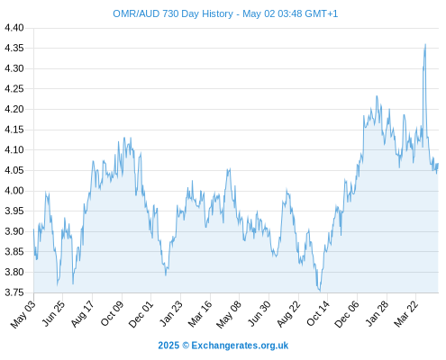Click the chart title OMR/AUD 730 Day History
point(173,13)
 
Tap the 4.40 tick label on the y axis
point(14,28)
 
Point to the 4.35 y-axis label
point(14,48)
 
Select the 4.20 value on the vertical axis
point(14,109)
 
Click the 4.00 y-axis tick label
point(14,191)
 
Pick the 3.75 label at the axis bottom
point(14,292)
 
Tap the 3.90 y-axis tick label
point(14,231)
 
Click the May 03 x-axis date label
point(23,314)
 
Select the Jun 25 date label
point(53,313)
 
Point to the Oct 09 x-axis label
point(112,313)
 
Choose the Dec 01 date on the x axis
point(141,314)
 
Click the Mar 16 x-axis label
point(200,314)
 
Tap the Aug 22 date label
point(288,314)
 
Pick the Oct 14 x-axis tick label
point(318,313)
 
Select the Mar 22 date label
point(406,314)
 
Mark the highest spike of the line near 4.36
point(425,44)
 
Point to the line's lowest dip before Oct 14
point(320,291)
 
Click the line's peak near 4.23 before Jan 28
point(377,96)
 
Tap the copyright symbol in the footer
point(186,346)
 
